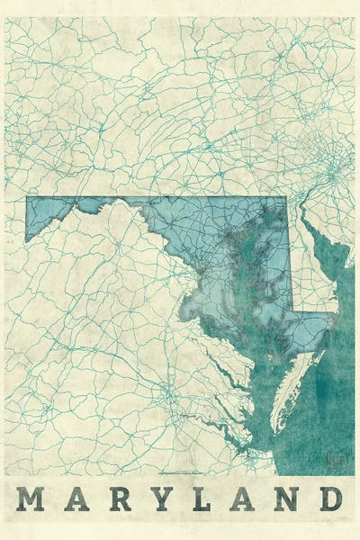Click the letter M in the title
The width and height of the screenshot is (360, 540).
(29, 499)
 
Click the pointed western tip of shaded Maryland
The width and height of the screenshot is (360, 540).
(27, 239)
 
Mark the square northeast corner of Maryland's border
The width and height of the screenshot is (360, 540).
(286, 198)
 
